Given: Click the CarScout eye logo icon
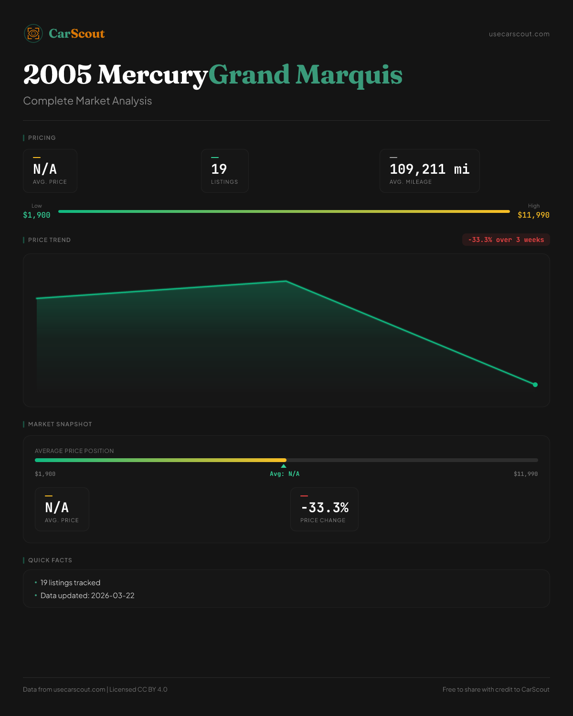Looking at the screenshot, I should point(33,33).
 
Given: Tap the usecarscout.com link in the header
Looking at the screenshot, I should point(519,34).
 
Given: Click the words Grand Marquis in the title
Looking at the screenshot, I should point(305,75).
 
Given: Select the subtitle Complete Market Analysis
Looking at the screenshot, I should point(87,101).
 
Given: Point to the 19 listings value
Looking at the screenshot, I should point(219,169).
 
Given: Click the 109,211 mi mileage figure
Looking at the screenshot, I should point(429,169).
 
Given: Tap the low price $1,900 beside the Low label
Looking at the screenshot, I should point(37,215).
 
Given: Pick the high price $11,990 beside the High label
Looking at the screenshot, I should point(533,215).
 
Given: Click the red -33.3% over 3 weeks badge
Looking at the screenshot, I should point(506,240).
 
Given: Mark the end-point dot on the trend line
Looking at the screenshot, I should point(535,385).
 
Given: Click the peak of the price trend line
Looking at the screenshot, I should point(286,281).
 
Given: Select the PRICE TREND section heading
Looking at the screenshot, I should point(49,240).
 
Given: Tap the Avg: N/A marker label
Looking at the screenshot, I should point(285,474).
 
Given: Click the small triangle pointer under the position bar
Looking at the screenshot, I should point(284,466).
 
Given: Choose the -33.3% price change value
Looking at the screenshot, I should point(325,507).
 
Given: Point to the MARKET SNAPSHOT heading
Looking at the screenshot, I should point(60,424).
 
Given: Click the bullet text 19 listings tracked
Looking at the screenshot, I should point(70,583).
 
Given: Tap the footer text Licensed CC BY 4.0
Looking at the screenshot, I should point(138,689).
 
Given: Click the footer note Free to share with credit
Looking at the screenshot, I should point(496,689).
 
